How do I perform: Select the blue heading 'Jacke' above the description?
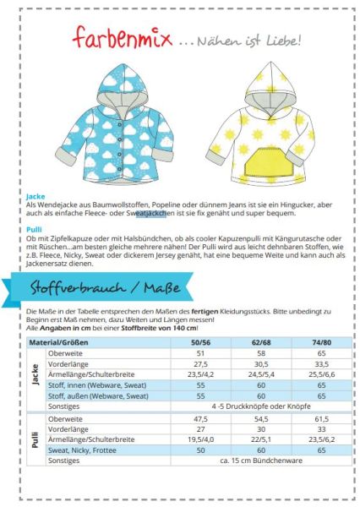(x=35, y=194)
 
